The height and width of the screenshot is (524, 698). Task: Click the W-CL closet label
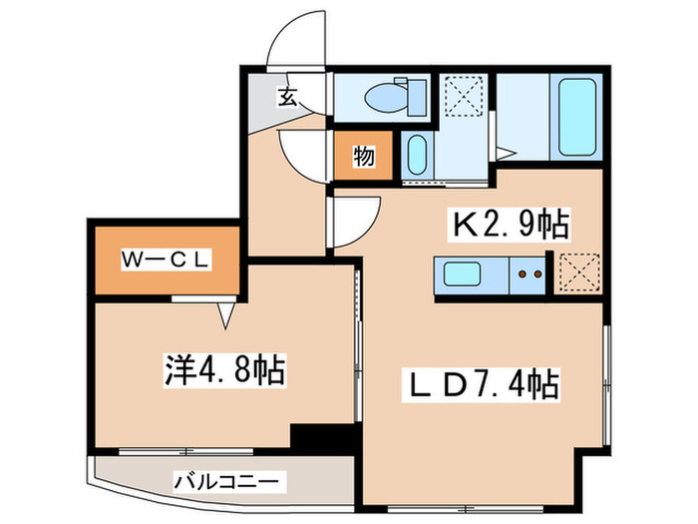(x=166, y=261)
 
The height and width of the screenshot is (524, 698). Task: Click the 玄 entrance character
(x=287, y=97)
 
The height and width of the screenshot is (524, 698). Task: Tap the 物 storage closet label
(x=363, y=156)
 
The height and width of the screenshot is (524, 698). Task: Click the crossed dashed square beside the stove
(x=577, y=271)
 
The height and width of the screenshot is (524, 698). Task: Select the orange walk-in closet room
(x=166, y=262)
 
